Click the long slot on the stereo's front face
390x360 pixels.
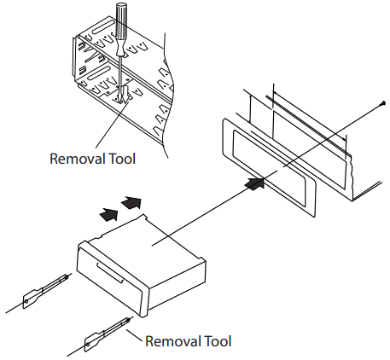pos(108,273)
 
